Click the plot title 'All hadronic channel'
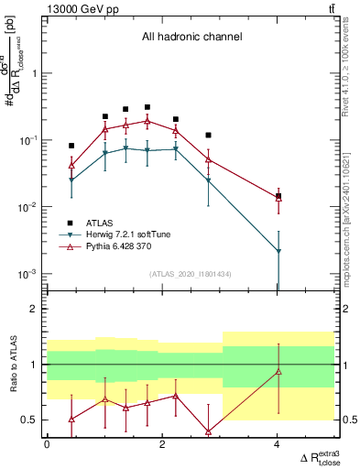(x=191, y=38)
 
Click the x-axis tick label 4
(x=278, y=444)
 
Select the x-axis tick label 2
(x=162, y=444)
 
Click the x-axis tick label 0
(x=47, y=444)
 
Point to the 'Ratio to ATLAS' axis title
(x=12, y=364)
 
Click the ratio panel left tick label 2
(x=38, y=310)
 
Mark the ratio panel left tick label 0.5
(x=34, y=420)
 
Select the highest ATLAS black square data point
(x=147, y=107)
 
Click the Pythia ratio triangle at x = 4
(x=278, y=371)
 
